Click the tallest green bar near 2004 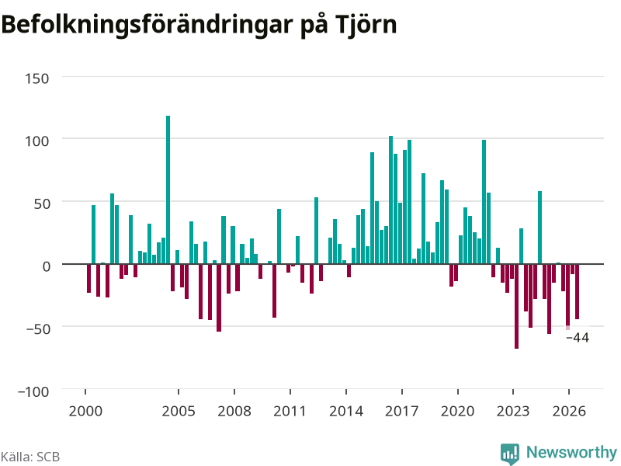click(168, 190)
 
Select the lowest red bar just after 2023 click(516, 306)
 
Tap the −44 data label click(578, 338)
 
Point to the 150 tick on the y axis click(37, 78)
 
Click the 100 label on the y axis click(37, 141)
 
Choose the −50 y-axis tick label click(38, 329)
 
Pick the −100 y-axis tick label click(33, 391)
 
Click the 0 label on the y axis click(47, 266)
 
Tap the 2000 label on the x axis click(85, 411)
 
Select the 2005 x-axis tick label click(179, 411)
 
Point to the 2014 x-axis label click(346, 411)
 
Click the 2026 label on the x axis click(569, 411)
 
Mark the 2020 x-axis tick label click(458, 411)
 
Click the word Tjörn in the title click(366, 26)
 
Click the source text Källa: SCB click(30, 457)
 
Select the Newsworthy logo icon click(510, 454)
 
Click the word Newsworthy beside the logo click(571, 452)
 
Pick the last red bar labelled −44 click(577, 291)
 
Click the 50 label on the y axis click(42, 203)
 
